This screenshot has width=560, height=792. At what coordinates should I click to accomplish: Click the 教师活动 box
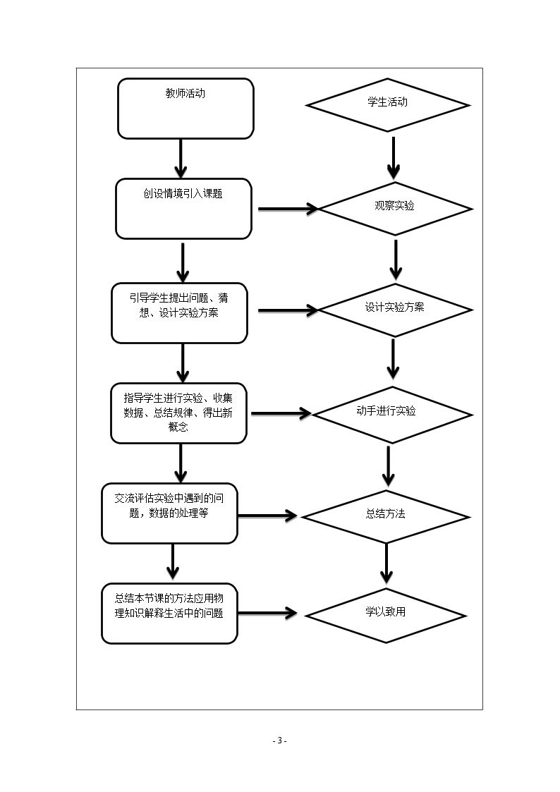click(185, 109)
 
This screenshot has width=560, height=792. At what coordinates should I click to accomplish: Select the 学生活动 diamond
click(387, 105)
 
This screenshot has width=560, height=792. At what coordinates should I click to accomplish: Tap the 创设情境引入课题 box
click(183, 209)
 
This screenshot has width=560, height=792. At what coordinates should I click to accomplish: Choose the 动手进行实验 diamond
click(392, 415)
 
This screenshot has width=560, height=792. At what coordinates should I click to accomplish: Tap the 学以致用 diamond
click(386, 616)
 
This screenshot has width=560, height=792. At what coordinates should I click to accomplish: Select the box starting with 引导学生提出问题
click(179, 313)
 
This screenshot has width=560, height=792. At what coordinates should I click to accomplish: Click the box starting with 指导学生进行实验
click(178, 413)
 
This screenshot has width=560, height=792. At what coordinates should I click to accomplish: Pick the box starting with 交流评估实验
click(170, 513)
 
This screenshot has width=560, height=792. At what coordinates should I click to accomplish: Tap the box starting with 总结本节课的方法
click(170, 614)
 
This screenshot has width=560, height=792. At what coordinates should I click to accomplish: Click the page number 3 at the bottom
click(279, 741)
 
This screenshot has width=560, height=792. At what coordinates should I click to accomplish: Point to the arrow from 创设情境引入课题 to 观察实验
click(288, 209)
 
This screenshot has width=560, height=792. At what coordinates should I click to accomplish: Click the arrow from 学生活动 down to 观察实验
click(394, 158)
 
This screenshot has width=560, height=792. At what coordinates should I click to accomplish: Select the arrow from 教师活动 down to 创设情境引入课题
click(181, 159)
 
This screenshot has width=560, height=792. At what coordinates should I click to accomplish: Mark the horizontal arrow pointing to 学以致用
click(267, 613)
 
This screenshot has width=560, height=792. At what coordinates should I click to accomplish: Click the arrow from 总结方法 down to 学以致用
click(386, 563)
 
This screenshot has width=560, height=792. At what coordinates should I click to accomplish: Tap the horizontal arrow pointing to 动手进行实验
click(281, 414)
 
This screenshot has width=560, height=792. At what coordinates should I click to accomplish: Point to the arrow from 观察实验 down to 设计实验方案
click(396, 260)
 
